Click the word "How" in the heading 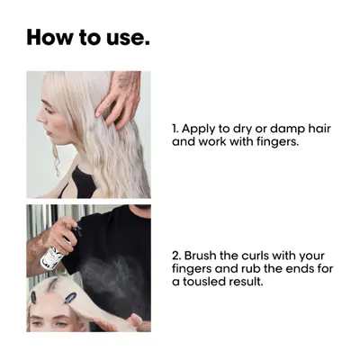(x=49, y=37)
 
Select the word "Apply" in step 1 (x=199, y=129)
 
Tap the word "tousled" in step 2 (x=204, y=282)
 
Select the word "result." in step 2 (x=246, y=282)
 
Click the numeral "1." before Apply (x=175, y=129)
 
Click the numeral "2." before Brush (x=176, y=256)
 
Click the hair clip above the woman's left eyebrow (x=70, y=297)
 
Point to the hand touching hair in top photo (x=120, y=99)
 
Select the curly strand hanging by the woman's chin (x=56, y=159)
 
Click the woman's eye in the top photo (x=48, y=109)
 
